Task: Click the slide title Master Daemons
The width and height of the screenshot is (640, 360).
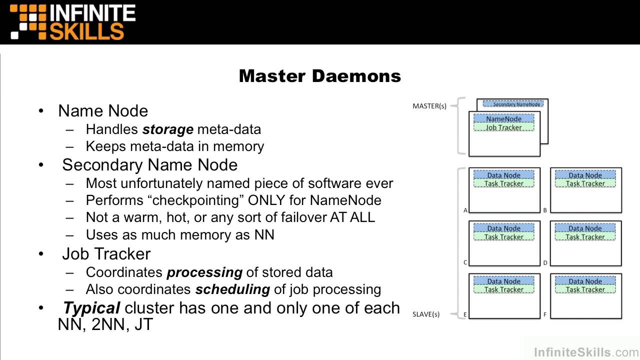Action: tap(319, 76)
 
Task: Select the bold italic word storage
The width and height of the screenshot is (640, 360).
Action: tap(167, 129)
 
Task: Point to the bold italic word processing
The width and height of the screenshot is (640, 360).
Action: tap(204, 272)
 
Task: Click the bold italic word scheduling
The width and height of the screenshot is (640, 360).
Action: tap(232, 289)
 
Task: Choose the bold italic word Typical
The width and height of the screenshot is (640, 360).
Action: tap(91, 308)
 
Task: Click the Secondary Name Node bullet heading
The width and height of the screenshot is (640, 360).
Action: tap(149, 165)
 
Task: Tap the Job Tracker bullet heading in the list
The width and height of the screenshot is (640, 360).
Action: tap(106, 254)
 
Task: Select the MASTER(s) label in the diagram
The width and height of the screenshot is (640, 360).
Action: tap(429, 106)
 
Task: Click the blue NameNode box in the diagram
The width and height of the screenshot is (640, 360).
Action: tap(503, 119)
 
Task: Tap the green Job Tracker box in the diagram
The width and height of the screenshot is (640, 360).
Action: tap(503, 127)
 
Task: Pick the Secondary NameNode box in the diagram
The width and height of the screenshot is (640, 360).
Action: tap(516, 104)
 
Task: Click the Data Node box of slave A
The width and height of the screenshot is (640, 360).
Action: tap(503, 175)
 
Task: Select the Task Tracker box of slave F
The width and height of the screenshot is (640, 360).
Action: tap(585, 289)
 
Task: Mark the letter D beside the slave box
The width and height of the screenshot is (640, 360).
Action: tap(545, 263)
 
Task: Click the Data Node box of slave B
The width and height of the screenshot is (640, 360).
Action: tap(585, 175)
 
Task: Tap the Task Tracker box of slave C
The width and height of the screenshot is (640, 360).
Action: tap(503, 237)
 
